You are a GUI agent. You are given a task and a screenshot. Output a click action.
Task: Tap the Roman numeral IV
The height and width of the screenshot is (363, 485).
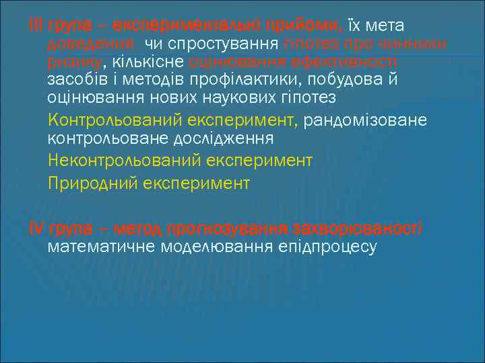point(36,227)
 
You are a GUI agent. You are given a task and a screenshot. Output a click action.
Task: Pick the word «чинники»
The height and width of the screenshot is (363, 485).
point(416,44)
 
